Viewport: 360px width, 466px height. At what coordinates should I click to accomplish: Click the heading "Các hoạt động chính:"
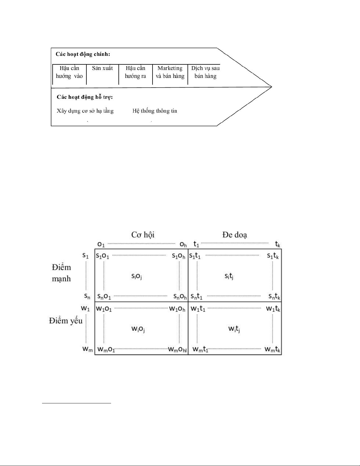point(83,54)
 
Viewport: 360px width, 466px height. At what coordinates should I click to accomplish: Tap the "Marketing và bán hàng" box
point(170,72)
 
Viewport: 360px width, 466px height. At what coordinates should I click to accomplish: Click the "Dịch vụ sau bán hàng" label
point(205,72)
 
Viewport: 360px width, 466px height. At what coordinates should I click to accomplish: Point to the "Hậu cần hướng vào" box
point(69,72)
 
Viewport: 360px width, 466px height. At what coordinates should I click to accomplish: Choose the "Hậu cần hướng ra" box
point(135,72)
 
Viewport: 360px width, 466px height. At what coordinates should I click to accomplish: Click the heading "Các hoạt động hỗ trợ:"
point(85,97)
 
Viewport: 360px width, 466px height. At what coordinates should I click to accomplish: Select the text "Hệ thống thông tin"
point(155,111)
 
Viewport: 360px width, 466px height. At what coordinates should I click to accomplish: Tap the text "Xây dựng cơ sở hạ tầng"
point(85,111)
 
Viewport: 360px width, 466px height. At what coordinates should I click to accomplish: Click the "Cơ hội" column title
point(143,235)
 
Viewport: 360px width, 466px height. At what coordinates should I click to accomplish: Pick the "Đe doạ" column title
point(235,235)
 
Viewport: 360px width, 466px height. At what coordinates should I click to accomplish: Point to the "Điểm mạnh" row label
point(61,273)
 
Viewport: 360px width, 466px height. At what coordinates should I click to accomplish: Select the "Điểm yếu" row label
point(66,321)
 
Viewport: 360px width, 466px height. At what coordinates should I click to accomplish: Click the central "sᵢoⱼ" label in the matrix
point(137,276)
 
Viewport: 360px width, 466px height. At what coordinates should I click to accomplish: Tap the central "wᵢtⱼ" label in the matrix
point(234,329)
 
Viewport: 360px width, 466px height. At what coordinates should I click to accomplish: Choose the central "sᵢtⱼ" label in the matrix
point(229,276)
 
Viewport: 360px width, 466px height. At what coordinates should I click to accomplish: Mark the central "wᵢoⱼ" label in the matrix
point(138,329)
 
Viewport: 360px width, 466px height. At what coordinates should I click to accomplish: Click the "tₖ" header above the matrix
point(277,244)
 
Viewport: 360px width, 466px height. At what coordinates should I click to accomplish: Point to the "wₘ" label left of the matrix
point(87,349)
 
